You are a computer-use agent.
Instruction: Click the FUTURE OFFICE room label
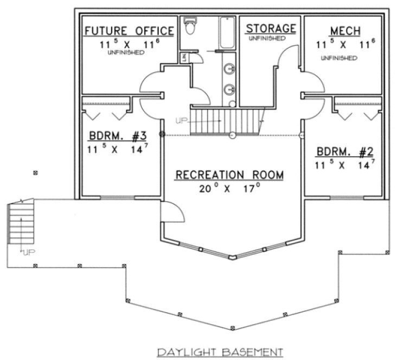pos(129,30)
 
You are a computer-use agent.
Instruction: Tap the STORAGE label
pos(271,28)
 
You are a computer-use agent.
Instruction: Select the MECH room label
pos(345,30)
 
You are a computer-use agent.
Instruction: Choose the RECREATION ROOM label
pos(229,175)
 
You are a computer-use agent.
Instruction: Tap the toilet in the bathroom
pos(190,26)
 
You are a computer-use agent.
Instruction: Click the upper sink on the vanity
pos(230,69)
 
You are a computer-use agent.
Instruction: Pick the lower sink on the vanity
pos(230,89)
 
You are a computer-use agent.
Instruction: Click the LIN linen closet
pos(185,57)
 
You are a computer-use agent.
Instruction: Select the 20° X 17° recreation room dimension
pos(229,188)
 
